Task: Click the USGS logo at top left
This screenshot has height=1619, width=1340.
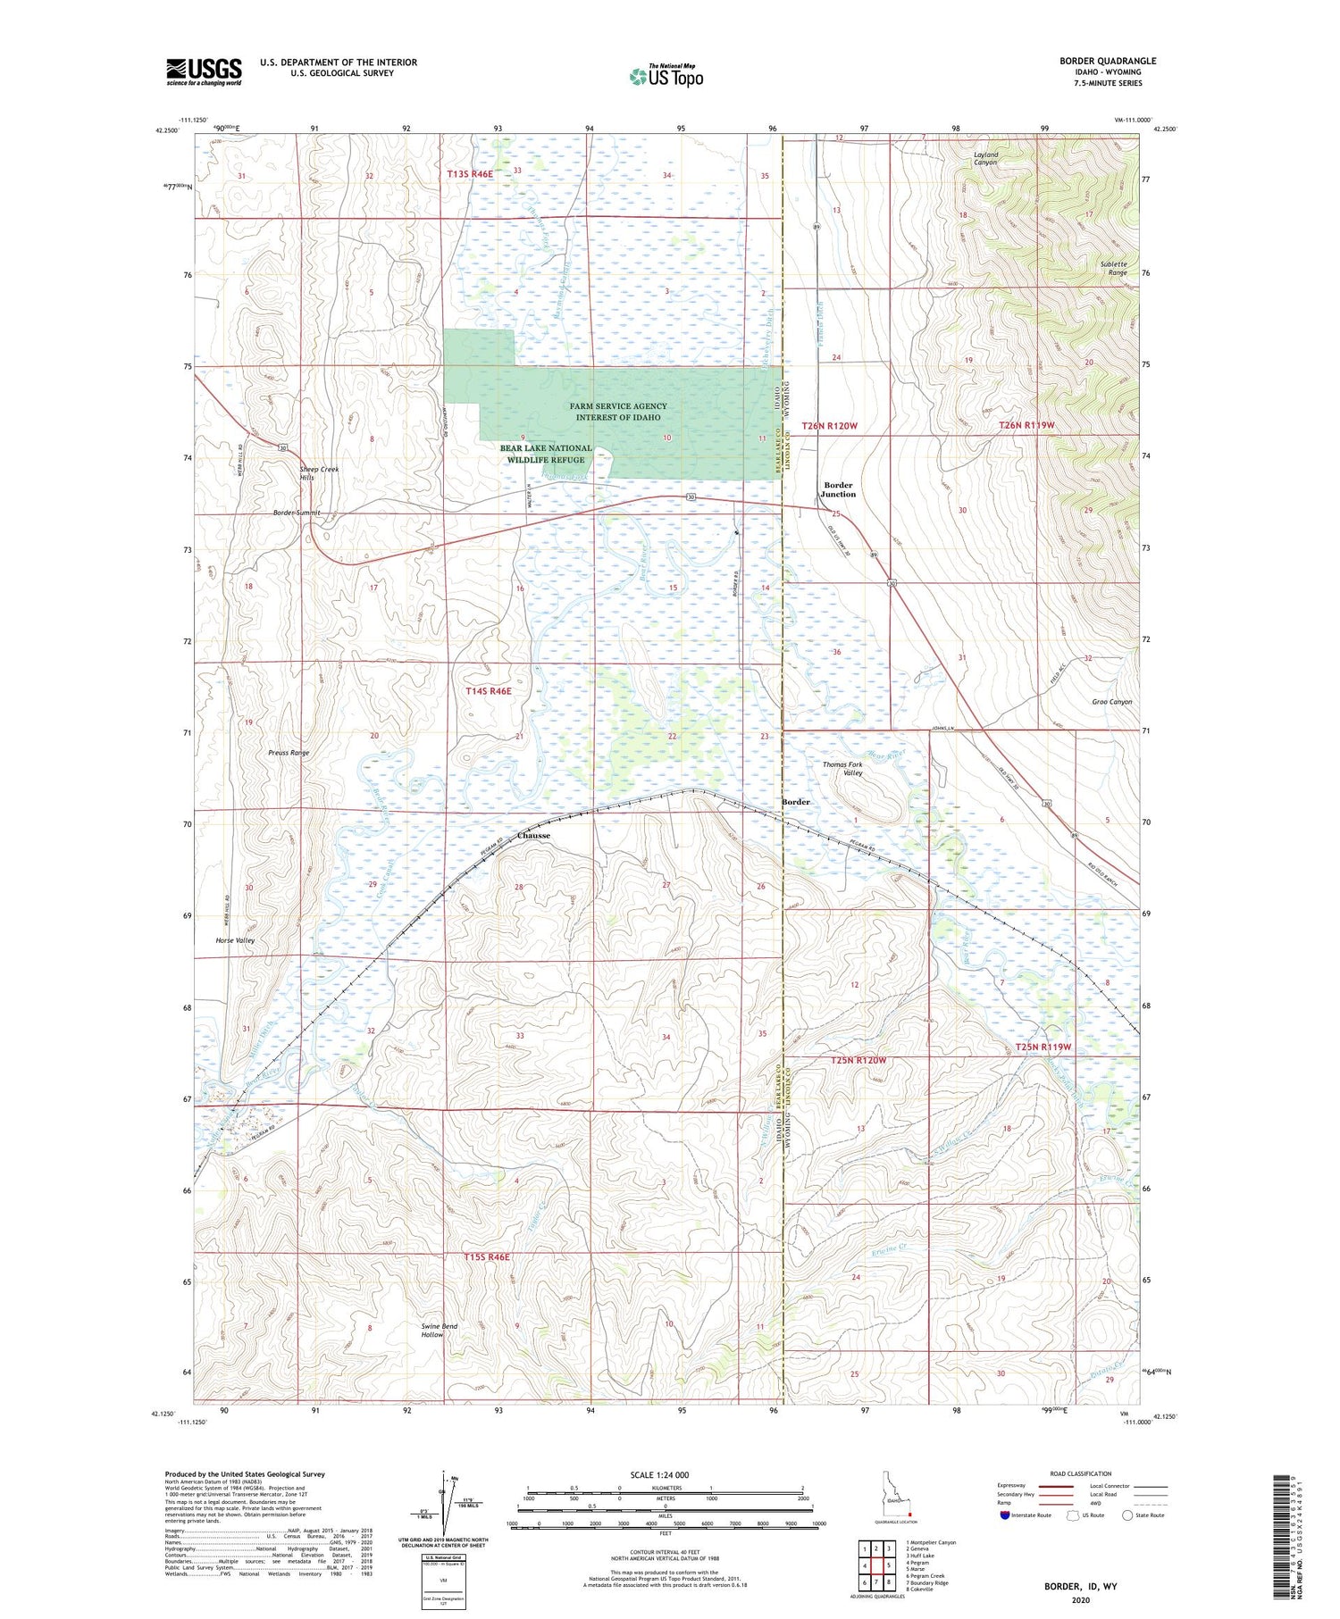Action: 204,71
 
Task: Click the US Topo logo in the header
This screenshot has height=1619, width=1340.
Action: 666,77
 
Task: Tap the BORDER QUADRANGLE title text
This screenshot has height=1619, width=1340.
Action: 1107,61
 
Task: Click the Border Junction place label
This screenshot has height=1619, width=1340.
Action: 838,489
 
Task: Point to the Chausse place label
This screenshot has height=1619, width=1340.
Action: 533,836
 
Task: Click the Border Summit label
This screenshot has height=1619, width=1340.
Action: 297,513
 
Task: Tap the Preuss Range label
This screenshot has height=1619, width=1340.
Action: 289,753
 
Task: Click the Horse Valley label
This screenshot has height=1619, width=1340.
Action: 235,940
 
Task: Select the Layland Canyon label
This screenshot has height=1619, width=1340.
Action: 985,159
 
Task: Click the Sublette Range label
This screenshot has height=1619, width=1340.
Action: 1113,268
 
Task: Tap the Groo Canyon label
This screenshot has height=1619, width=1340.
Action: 1111,702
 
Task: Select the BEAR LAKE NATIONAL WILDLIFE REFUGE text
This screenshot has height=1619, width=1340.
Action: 545,454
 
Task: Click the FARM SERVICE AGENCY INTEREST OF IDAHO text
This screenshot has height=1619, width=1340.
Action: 617,412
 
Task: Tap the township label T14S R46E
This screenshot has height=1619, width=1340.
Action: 488,691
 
